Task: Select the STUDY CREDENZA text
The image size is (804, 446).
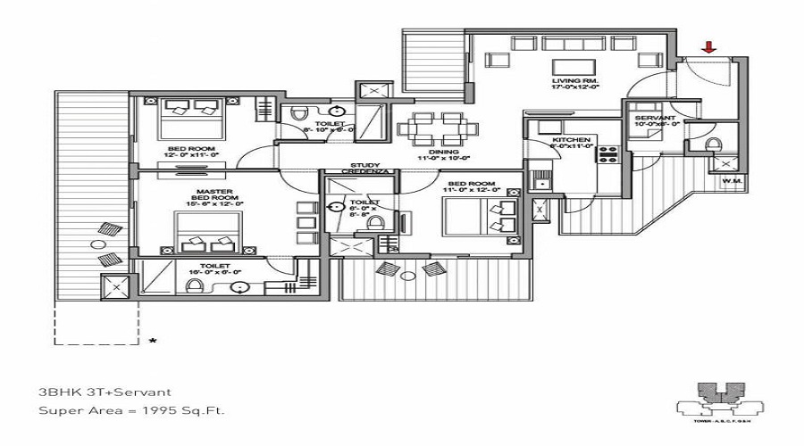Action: coord(365,168)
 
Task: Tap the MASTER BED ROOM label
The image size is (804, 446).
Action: coord(215,197)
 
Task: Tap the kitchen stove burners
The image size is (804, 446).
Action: coord(608,153)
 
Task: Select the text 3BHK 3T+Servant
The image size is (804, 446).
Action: coord(104,392)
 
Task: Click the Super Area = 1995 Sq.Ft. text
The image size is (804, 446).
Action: coord(131,410)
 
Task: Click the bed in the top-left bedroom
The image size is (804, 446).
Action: coord(191,111)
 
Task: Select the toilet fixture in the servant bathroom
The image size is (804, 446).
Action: coord(713,145)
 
